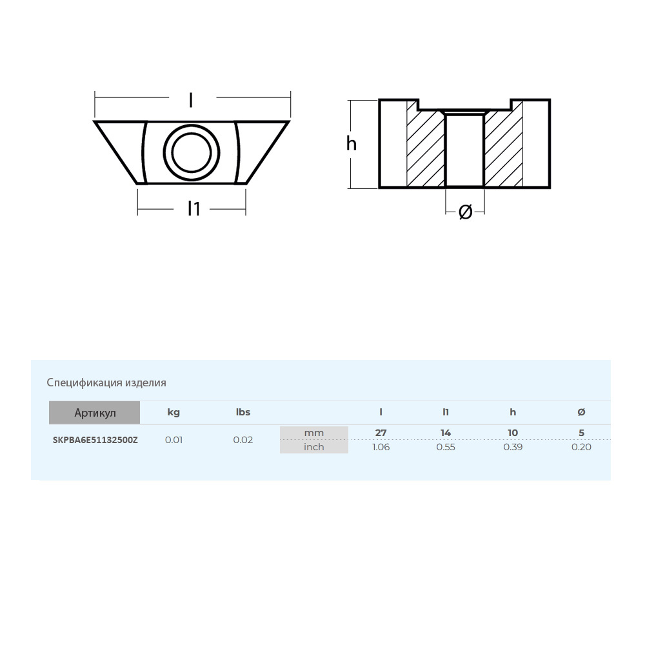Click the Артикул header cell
95,413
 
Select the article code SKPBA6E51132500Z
95,440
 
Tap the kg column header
174,412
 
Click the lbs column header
243,412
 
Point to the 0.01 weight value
174,440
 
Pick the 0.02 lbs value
243,440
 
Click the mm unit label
314,433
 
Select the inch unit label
314,447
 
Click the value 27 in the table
381,433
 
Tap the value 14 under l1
446,433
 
